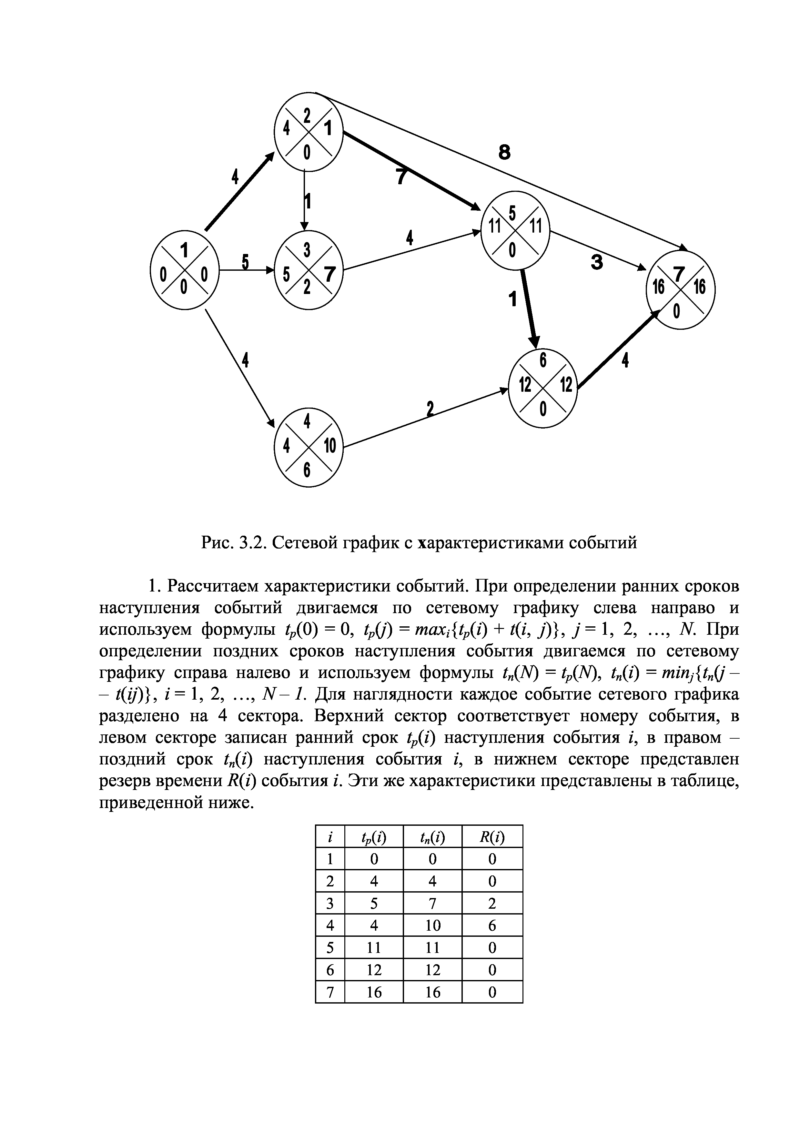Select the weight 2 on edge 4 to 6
coord(430,409)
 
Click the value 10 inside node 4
coord(329,446)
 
